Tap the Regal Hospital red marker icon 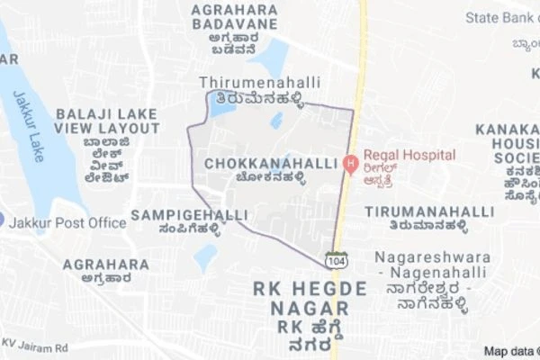(351, 164)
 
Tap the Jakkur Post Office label (68, 222)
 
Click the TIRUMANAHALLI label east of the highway (429, 211)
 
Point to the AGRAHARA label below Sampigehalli (106, 265)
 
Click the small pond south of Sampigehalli (205, 258)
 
